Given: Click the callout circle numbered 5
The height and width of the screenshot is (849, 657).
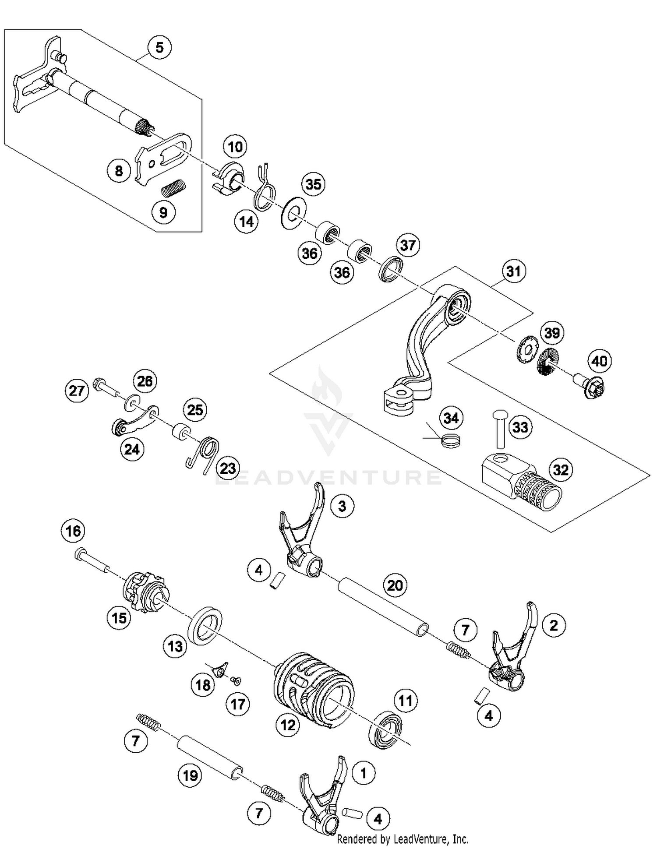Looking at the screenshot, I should point(159,47).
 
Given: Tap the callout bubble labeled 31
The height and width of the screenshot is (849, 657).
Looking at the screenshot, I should point(513,271).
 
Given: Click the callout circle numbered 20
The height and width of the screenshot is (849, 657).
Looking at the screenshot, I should point(395,585).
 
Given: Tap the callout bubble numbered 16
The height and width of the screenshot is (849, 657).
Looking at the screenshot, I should point(73,531).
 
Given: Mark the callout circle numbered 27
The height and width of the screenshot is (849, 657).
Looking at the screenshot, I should point(77,390).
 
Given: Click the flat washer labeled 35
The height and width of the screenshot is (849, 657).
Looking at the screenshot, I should point(293,212).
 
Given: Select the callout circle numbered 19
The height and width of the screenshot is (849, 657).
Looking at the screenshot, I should point(190,776).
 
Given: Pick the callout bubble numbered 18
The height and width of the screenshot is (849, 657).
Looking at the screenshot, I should point(203,685).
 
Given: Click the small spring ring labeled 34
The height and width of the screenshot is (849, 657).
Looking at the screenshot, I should point(451,440).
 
